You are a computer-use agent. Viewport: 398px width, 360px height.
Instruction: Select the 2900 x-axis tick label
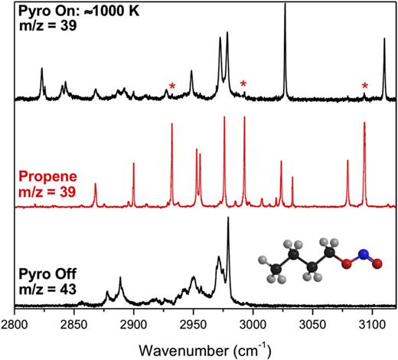click(x=134, y=326)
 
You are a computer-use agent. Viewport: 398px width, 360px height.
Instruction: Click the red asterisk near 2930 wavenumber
click(x=172, y=87)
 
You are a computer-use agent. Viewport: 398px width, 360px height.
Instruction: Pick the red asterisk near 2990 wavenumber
click(x=243, y=83)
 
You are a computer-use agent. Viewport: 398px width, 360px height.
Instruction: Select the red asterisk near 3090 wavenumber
click(x=365, y=86)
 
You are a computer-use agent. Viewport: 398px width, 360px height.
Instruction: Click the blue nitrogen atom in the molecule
click(x=365, y=254)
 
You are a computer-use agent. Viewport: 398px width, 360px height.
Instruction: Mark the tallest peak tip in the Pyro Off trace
click(x=228, y=218)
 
